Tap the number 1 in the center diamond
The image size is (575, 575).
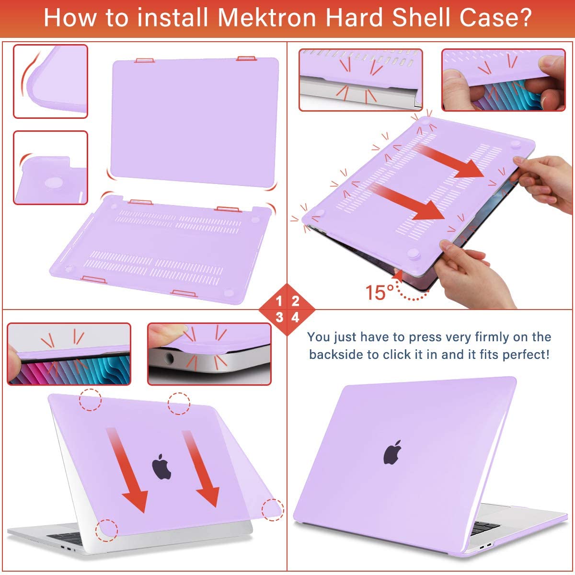(279, 301)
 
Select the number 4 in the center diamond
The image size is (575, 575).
(295, 317)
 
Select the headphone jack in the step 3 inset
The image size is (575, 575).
(169, 357)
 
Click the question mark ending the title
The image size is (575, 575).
(524, 18)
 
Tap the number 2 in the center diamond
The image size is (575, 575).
(295, 301)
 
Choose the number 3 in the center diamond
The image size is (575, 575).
(279, 317)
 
